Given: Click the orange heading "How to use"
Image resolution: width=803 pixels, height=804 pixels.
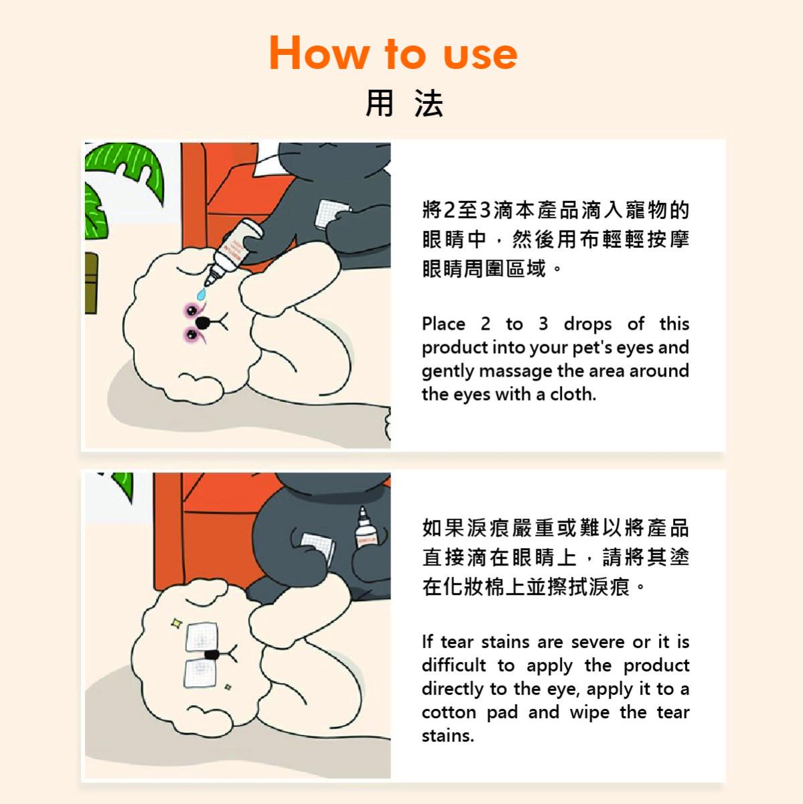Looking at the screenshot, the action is point(393,53).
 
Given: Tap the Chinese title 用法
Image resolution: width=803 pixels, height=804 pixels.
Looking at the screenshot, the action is point(404,103).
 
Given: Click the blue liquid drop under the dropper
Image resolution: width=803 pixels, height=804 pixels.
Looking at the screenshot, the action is point(202,293).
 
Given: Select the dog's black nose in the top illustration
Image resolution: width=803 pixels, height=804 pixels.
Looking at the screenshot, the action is point(203,322).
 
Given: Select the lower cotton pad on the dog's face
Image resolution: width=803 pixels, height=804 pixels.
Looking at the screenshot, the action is point(200,673).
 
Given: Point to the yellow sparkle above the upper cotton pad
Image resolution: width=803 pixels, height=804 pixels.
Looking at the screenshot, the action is point(177,623).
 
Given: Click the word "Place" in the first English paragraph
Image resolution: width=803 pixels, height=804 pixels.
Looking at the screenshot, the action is point(443,324).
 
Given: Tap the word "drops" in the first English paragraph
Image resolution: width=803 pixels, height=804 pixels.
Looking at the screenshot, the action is point(587,324).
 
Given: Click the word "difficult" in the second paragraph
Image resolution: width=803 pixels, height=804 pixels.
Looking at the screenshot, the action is point(454,665).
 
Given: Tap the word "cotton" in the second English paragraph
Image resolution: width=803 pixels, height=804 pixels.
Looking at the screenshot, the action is point(449,713).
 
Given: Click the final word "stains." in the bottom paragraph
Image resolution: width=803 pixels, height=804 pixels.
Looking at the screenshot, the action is point(448,736).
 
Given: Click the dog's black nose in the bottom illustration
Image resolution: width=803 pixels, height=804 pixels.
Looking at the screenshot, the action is point(212,654).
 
